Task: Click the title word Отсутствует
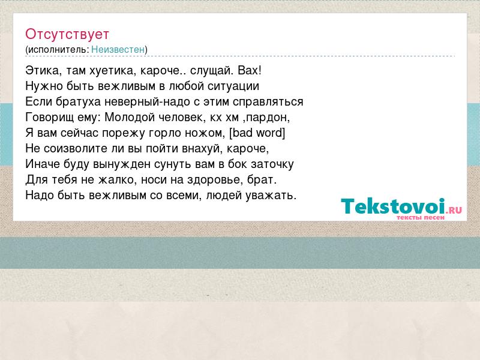point(67,34)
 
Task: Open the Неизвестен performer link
point(118,49)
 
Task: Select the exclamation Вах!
point(250,70)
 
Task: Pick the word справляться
point(268,102)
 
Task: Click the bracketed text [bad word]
point(257,133)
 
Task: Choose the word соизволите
point(71,148)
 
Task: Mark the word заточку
point(272,164)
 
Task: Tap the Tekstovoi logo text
point(392,206)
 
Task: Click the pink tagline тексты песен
point(421,218)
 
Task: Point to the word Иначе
point(43,164)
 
